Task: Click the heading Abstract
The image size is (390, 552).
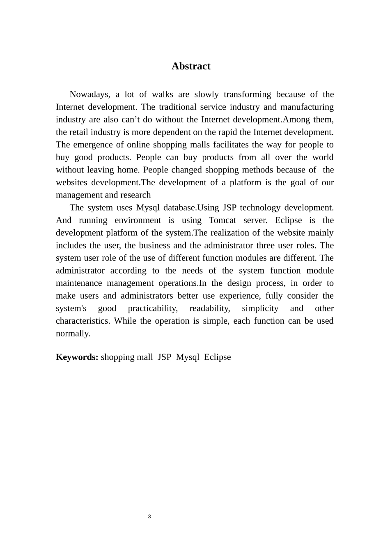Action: tap(191, 67)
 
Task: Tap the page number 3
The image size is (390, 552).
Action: tap(149, 517)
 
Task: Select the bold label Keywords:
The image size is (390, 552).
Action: tap(77, 357)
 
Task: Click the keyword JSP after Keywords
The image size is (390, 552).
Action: tap(164, 357)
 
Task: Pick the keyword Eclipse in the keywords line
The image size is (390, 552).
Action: tap(217, 357)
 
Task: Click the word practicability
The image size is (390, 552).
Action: tap(153, 308)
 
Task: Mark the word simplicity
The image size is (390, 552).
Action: tap(260, 308)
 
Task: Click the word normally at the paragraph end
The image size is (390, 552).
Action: tap(73, 333)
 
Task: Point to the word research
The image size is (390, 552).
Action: tap(135, 195)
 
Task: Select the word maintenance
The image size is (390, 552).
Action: tap(79, 283)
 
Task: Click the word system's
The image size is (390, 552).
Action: tap(71, 308)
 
